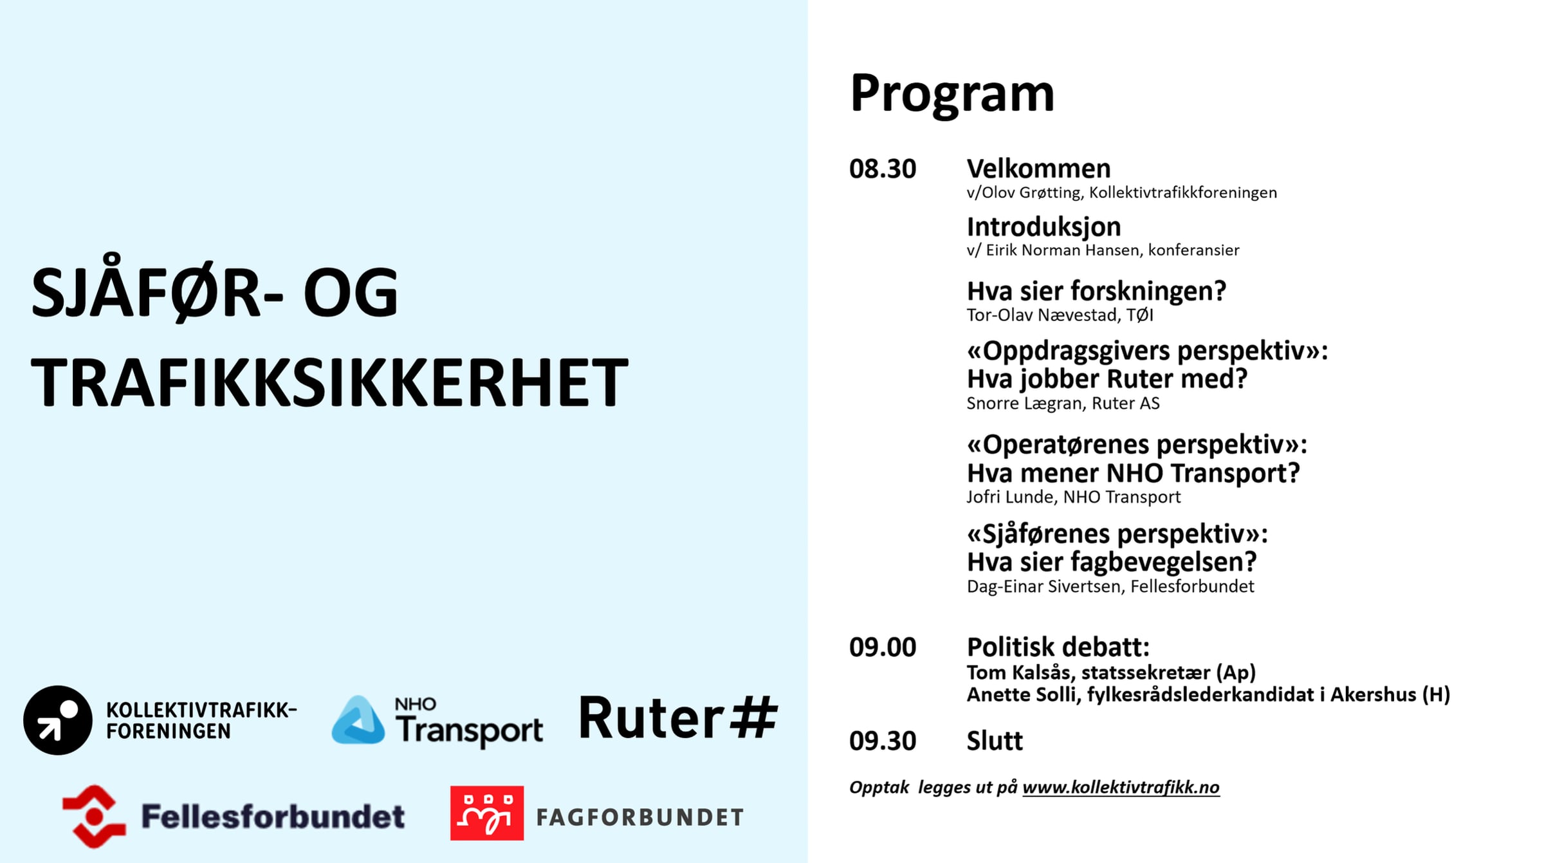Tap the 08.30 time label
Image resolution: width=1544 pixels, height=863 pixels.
[883, 169]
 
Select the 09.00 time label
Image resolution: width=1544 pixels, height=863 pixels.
[883, 647]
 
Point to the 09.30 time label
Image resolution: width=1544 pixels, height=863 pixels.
[883, 741]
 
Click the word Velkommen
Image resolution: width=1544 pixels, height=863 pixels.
[1038, 169]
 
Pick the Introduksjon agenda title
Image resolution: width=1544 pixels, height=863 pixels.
[1043, 227]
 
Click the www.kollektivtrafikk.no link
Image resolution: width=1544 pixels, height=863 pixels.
[1121, 787]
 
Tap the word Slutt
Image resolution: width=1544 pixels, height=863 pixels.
[995, 741]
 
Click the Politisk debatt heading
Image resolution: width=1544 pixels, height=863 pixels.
[1058, 647]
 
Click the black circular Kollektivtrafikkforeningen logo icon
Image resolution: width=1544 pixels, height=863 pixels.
[58, 720]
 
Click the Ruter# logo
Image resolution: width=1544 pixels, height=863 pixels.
[678, 718]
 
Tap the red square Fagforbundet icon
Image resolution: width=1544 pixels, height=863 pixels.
[487, 813]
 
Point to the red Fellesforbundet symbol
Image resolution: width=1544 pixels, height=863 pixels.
[95, 816]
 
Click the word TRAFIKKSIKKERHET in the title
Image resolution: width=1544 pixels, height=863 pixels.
[329, 382]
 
